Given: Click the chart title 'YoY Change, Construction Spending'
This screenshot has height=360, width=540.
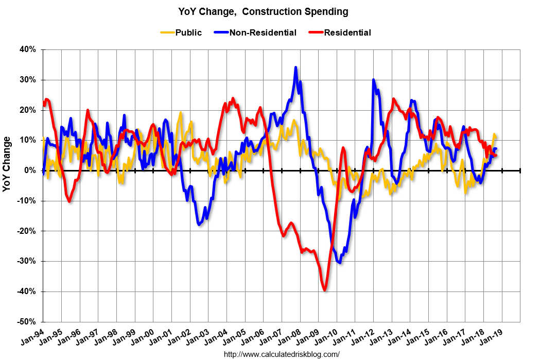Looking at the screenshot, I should (263, 11).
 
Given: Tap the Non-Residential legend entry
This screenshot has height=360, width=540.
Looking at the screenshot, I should (263, 32).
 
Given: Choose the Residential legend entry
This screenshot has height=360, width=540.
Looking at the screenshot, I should (347, 32).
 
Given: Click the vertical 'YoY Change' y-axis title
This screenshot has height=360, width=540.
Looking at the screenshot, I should (7, 164).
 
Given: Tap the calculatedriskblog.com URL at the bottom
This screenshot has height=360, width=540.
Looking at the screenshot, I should (281, 354).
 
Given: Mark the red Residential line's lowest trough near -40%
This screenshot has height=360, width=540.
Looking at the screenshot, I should (325, 290).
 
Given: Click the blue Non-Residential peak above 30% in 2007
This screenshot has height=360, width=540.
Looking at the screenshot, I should (295, 67).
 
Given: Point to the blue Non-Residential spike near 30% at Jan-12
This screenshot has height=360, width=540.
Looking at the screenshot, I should (373, 80).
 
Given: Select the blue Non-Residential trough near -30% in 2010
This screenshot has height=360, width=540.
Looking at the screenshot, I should (340, 263).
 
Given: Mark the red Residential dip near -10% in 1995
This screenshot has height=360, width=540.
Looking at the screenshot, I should (69, 201).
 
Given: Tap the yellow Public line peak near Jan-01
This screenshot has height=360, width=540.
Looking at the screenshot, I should (181, 112).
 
